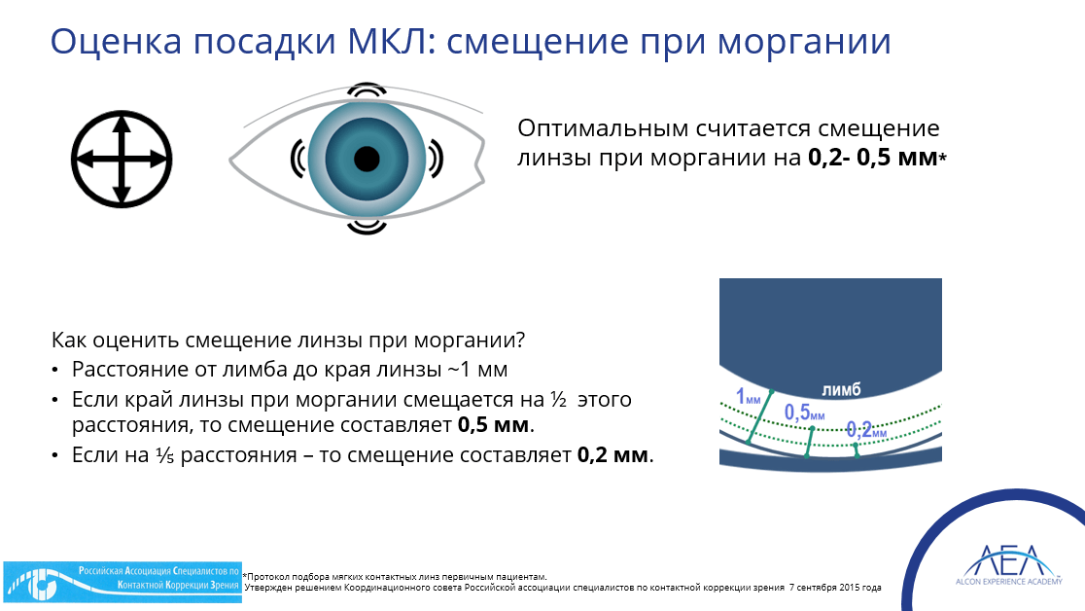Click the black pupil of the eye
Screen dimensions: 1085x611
(367, 160)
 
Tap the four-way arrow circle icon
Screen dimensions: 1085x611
(122, 160)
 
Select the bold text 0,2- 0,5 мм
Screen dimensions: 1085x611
(872, 158)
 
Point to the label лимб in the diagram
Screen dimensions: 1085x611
(841, 390)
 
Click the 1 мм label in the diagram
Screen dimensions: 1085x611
(748, 397)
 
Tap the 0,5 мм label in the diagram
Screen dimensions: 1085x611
(804, 413)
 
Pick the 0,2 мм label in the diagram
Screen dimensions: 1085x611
(866, 430)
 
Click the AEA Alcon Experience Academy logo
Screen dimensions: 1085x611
(1009, 565)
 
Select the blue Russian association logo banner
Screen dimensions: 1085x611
(122, 582)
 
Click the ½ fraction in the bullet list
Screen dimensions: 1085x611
(558, 400)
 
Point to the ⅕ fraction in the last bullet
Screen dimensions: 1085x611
(164, 455)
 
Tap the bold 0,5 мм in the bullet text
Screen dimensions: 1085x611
(493, 424)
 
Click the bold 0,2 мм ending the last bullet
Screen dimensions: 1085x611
(613, 455)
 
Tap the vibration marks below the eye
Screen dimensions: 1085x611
(367, 227)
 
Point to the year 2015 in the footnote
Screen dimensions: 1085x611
(850, 588)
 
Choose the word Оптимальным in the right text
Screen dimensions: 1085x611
(603, 128)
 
